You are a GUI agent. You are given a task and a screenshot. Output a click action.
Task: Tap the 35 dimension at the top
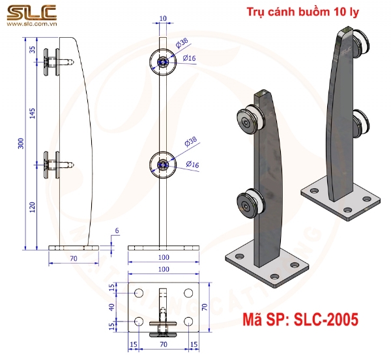tap(32, 49)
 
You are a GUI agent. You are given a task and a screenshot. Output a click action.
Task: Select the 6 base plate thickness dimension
tap(117, 231)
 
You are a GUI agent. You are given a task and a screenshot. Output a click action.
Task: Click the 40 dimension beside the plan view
tap(111, 307)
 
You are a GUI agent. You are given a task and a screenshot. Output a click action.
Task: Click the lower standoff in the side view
tap(55, 164)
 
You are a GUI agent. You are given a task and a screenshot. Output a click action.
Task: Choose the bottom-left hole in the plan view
tap(138, 321)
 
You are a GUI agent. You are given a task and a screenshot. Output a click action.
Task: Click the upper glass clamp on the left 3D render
tap(248, 120)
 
